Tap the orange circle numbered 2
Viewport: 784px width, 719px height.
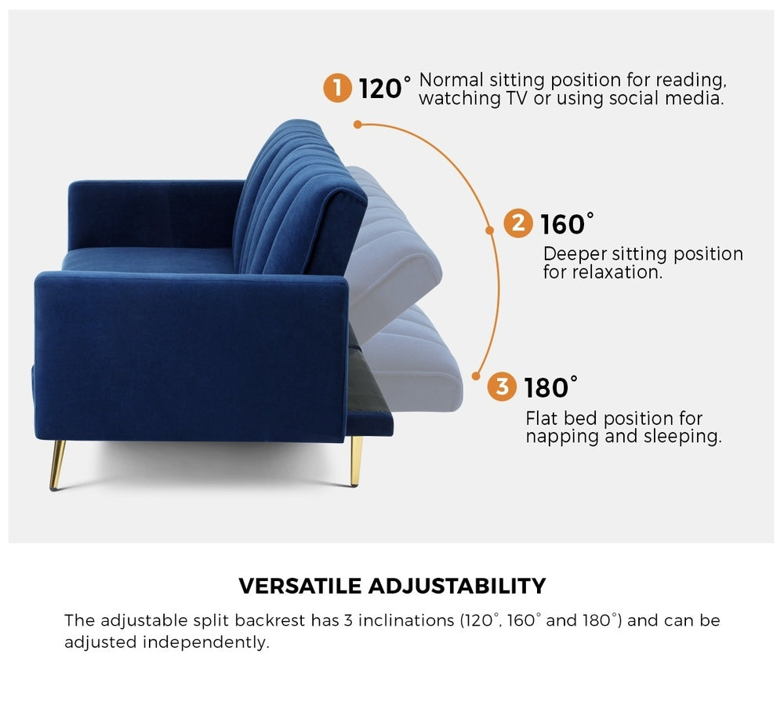[517, 223]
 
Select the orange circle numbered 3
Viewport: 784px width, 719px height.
[502, 387]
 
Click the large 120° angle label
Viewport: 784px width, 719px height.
[384, 89]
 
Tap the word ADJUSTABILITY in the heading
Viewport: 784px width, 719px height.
[456, 586]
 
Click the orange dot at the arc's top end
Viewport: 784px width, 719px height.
[358, 124]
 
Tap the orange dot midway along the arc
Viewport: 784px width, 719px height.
[488, 230]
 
